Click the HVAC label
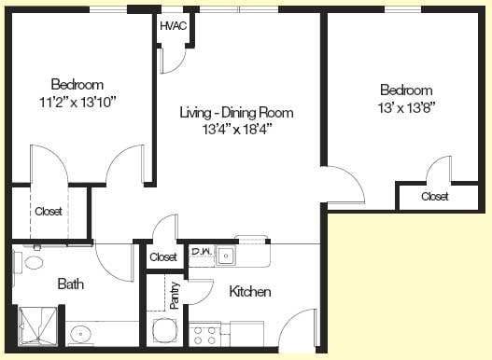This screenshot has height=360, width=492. tap(174, 26)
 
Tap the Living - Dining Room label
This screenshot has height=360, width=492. tap(236, 113)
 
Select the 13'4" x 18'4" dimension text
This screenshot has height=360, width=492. tap(236, 129)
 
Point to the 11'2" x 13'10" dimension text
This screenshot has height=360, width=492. tap(77, 102)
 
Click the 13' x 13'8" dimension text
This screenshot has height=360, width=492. tap(406, 108)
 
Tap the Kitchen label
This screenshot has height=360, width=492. tap(250, 292)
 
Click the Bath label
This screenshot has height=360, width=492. tap(71, 284)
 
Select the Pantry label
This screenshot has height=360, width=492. tap(175, 296)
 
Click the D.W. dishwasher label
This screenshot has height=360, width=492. tap(202, 251)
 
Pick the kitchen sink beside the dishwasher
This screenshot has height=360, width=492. tap(226, 256)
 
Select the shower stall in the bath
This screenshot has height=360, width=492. tap(38, 326)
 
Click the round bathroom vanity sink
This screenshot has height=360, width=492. tap(80, 334)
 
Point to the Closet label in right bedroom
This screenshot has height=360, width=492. tap(435, 196)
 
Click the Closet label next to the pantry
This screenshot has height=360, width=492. tap(163, 257)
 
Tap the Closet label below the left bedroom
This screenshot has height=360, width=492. tap(49, 212)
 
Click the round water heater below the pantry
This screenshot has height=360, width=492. tap(165, 331)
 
